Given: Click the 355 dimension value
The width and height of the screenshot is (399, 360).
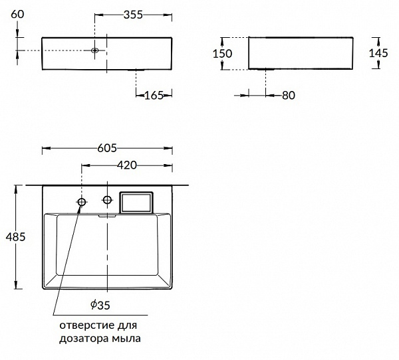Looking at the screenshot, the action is (x=133, y=15).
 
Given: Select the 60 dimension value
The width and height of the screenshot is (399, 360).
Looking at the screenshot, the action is (x=17, y=14).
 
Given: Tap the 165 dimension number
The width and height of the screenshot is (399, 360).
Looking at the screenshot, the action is (x=154, y=96).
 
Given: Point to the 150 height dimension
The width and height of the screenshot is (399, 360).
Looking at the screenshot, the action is (x=222, y=54).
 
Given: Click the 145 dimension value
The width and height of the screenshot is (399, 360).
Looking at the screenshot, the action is (x=378, y=53).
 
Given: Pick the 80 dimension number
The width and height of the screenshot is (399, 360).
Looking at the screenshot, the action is (x=289, y=96).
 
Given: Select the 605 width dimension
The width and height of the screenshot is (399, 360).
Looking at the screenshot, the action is (x=107, y=148).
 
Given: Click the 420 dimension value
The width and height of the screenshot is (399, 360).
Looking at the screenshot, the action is (x=127, y=165).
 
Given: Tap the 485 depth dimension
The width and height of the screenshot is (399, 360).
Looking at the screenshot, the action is (x=15, y=237).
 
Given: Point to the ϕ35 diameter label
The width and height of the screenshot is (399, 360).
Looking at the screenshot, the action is (x=100, y=305).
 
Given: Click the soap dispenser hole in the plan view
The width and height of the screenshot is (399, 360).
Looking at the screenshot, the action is (x=82, y=202).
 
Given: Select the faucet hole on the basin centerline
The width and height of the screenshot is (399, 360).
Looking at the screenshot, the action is (x=107, y=200).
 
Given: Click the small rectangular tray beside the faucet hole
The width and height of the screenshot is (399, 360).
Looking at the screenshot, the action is (x=136, y=203).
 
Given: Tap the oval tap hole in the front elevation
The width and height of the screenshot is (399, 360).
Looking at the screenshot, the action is (x=95, y=50).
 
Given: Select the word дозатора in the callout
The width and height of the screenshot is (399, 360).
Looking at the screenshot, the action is (x=84, y=339).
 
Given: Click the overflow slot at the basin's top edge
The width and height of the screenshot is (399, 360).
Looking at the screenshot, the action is (x=107, y=216).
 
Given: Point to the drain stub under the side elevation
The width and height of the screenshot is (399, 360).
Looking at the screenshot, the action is (x=266, y=69).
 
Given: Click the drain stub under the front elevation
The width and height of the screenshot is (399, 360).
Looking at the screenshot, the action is (x=136, y=70).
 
